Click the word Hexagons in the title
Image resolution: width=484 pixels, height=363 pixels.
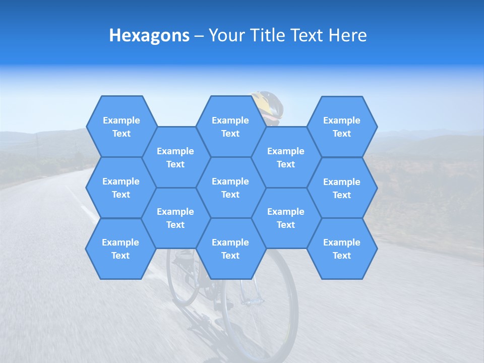click(x=149, y=35)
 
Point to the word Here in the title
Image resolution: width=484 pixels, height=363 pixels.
click(x=347, y=35)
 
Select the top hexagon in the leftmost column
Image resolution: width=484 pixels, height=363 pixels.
click(x=121, y=127)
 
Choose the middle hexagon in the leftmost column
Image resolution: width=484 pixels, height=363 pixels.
click(x=121, y=188)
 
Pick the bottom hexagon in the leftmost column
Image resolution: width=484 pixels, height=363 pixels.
click(x=120, y=249)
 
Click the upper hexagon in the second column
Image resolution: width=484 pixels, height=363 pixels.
click(x=175, y=157)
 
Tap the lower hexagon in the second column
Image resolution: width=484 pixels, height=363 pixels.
click(x=175, y=218)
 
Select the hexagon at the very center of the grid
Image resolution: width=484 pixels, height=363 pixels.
click(x=230, y=188)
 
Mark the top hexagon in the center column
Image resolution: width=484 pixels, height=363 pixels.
click(x=230, y=127)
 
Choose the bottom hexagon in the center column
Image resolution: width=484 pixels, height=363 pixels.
click(x=230, y=249)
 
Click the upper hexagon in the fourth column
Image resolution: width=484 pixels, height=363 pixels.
click(x=286, y=157)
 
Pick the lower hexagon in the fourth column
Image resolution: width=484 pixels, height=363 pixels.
click(x=286, y=218)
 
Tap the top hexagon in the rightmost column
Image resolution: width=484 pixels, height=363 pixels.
click(x=342, y=127)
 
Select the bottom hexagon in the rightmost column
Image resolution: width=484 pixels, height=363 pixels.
click(x=342, y=249)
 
